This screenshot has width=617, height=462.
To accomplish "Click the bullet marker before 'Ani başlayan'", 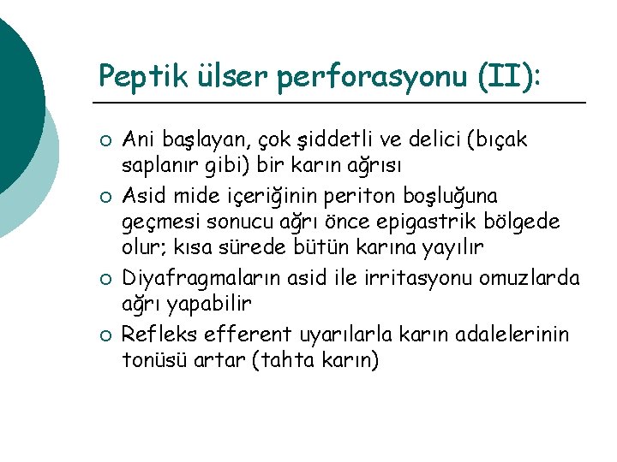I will pos(105,139).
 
